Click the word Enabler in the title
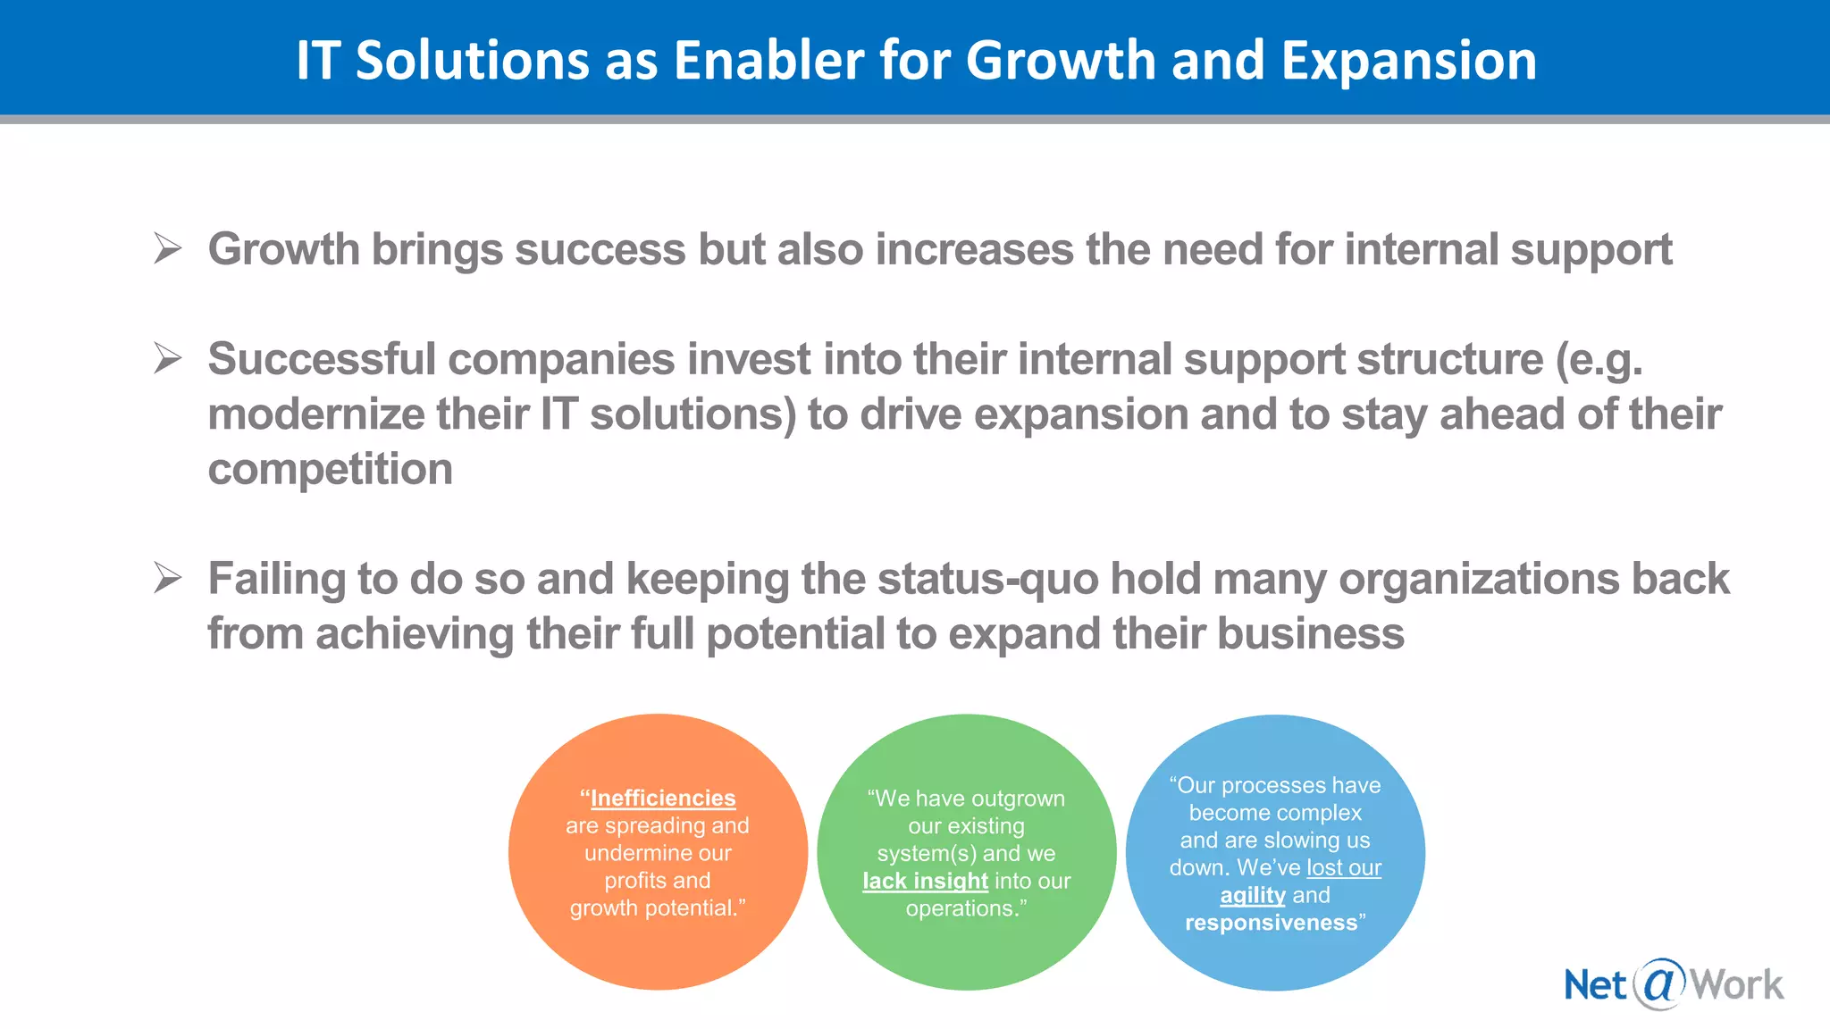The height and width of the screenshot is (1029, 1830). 768,61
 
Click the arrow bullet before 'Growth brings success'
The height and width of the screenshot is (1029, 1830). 167,248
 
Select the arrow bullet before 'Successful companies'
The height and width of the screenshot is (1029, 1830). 167,358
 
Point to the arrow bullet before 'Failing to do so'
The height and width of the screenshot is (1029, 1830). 167,578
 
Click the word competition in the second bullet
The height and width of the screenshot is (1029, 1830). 330,470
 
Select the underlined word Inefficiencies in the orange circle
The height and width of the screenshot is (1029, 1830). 663,798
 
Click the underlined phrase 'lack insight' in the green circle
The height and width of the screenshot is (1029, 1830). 925,881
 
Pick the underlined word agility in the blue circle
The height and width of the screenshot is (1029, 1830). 1253,895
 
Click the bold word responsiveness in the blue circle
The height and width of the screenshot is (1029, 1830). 1271,923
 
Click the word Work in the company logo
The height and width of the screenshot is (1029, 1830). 1737,985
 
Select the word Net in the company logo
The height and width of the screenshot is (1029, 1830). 1595,985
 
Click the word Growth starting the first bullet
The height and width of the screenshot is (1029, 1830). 283,249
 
